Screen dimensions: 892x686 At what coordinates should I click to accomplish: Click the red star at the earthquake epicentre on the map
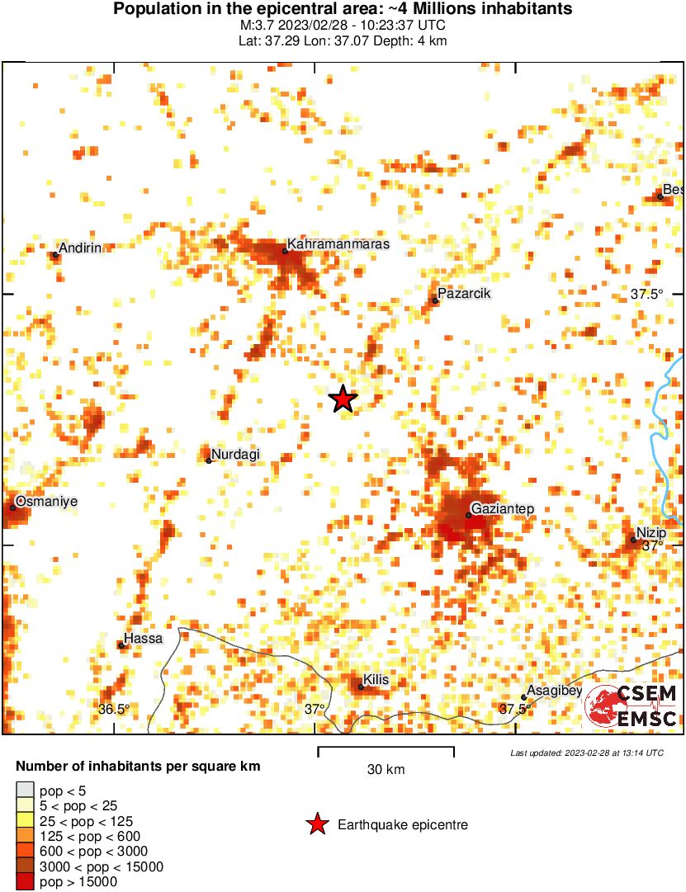[x=343, y=399]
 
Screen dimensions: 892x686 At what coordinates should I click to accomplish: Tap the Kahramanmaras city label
[x=338, y=244]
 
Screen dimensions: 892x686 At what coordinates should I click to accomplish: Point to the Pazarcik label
[x=466, y=293]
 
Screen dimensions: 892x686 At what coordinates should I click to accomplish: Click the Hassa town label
[x=144, y=639]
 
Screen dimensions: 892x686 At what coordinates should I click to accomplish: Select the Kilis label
[x=376, y=680]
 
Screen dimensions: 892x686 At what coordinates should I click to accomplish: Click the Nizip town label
[x=651, y=533]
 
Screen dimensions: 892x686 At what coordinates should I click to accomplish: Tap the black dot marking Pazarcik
[x=435, y=300]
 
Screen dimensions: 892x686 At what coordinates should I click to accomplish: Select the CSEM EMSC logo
[x=632, y=706]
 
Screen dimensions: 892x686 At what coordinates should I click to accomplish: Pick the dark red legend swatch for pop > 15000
[x=26, y=882]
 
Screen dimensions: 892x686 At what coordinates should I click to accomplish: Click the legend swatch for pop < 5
[x=26, y=791]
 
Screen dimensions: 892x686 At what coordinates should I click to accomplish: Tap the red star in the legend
[x=316, y=824]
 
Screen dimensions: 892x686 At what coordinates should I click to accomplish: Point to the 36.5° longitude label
[x=114, y=709]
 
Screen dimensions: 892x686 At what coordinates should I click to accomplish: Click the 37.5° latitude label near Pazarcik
[x=646, y=294]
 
